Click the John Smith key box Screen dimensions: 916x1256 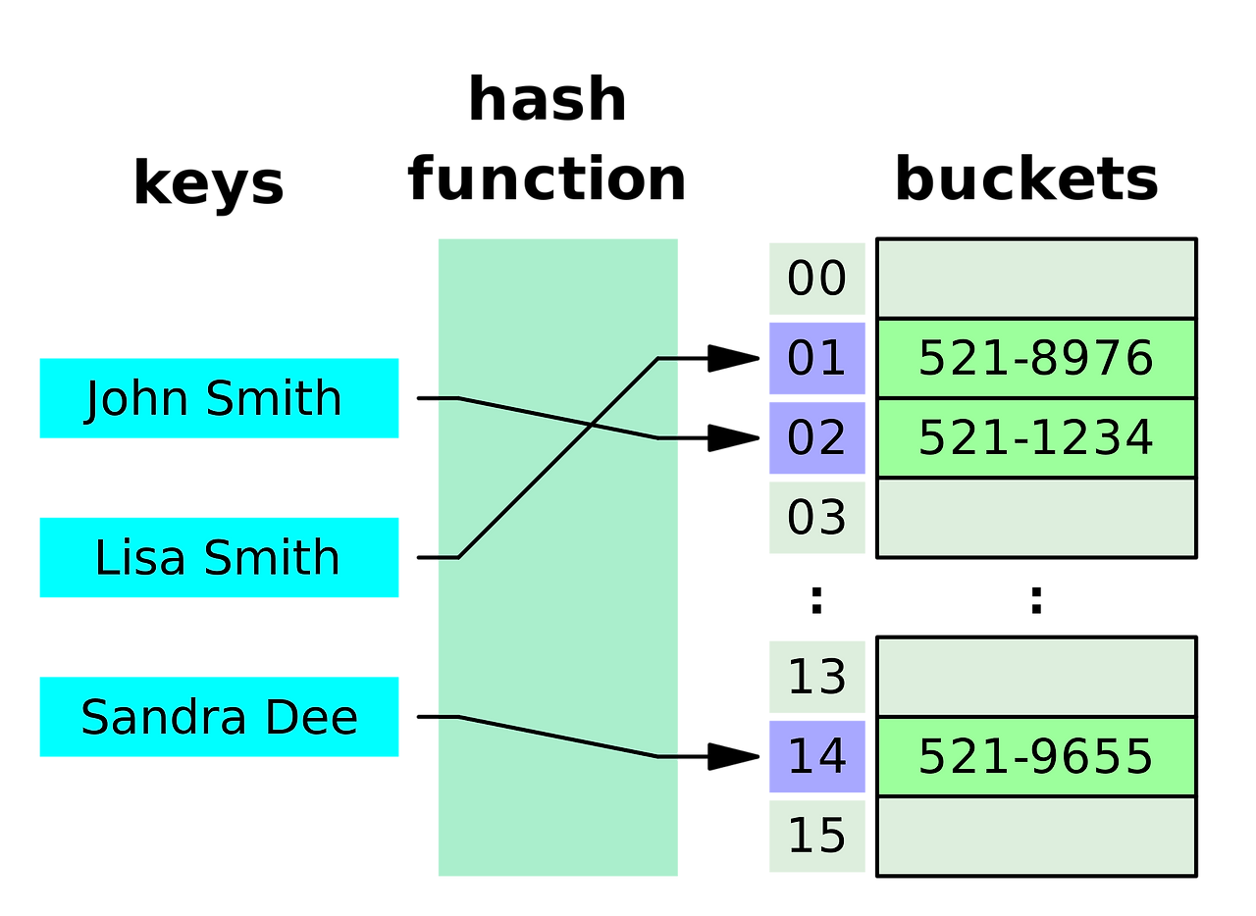pos(218,398)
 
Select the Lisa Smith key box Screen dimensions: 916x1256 pos(218,557)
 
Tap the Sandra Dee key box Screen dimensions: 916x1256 pos(218,717)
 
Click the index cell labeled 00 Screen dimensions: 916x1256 pos(816,279)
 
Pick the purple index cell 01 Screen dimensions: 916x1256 pos(816,358)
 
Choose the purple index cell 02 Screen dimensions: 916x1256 pos(816,437)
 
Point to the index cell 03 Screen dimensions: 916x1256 pos(816,517)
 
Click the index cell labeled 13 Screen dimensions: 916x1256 pos(816,677)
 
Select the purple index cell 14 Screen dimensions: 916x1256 pos(816,756)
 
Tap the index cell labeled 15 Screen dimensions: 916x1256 pos(816,836)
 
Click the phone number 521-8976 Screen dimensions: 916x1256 pos(1035,358)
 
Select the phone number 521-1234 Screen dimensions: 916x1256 pos(1035,437)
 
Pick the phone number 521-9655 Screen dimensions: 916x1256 pos(1035,756)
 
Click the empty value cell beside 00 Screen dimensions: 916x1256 pos(1035,279)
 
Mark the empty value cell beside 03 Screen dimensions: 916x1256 pos(1035,517)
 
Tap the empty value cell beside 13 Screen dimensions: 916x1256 pos(1035,677)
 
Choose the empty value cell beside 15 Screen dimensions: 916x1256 pos(1035,836)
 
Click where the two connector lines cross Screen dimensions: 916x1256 pos(591,425)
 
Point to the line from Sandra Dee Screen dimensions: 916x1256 pos(557,738)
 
